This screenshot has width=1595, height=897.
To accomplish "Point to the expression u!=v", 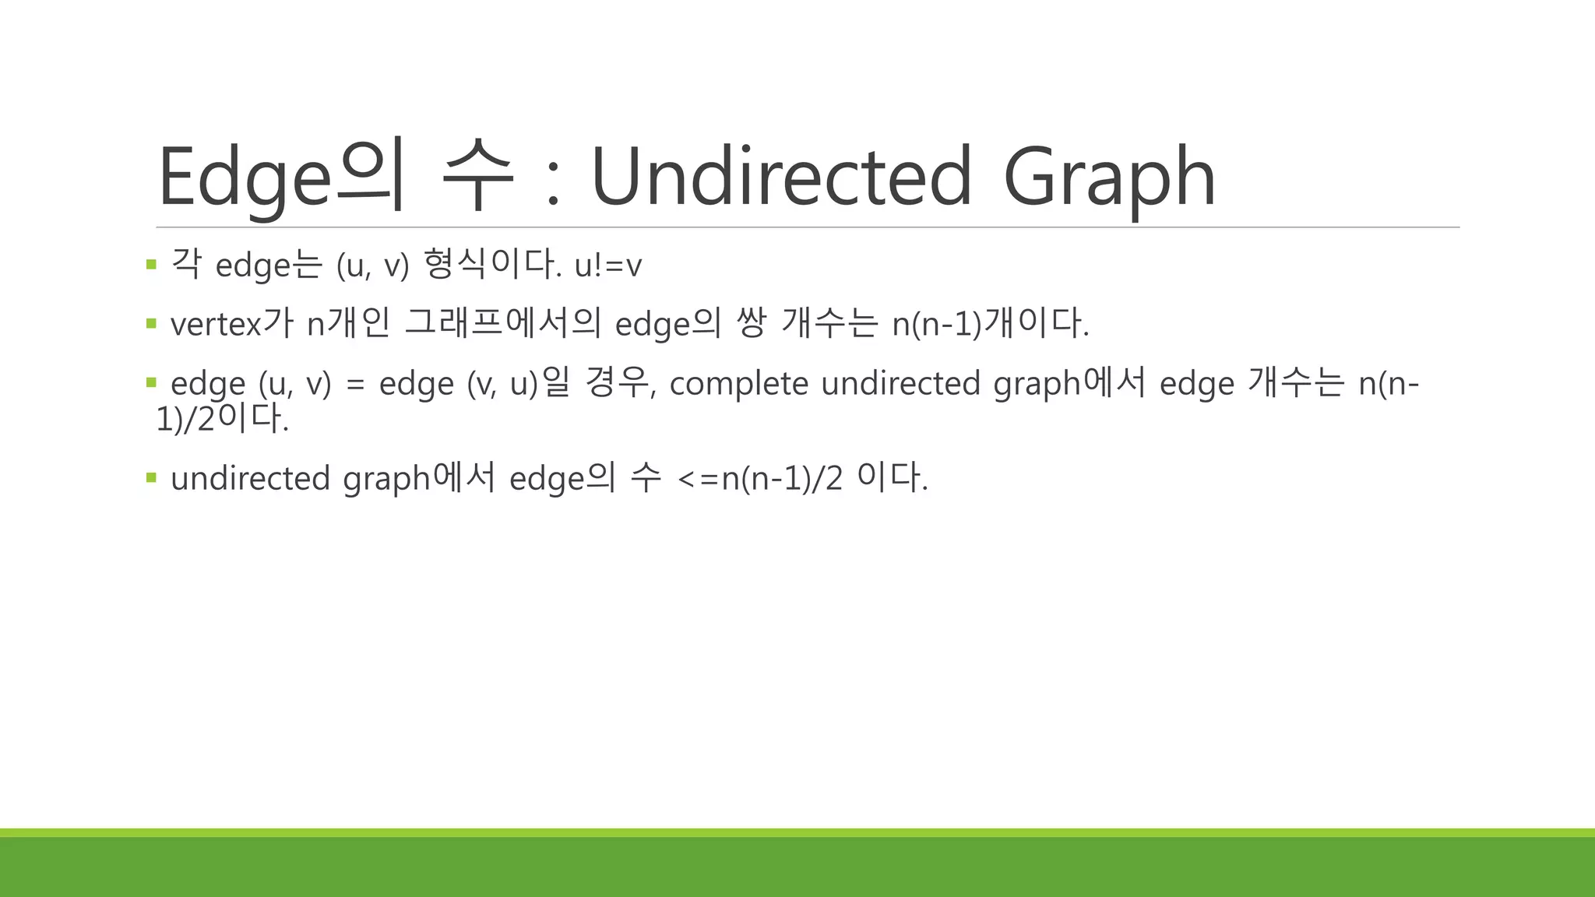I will [607, 266].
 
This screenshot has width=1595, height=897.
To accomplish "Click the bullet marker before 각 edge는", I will [151, 265].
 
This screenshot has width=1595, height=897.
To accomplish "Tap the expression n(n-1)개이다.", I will [990, 323].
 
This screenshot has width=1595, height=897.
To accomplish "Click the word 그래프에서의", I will [503, 323].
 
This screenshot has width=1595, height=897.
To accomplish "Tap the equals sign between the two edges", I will [355, 384].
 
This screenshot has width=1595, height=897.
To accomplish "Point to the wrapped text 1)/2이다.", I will [222, 419].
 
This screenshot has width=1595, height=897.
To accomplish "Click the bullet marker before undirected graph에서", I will [151, 477].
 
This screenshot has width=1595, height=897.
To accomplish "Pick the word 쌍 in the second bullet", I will [751, 323].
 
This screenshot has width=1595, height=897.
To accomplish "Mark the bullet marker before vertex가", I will [151, 322].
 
